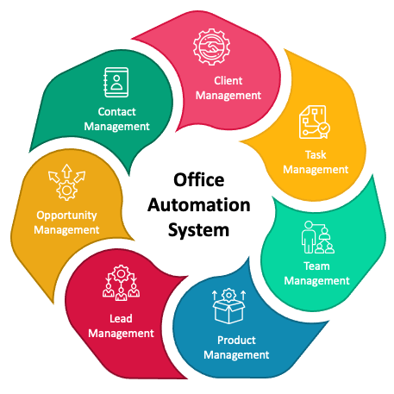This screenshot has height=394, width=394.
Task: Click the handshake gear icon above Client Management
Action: click(x=212, y=47)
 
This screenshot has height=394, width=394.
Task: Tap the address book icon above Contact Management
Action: click(x=116, y=83)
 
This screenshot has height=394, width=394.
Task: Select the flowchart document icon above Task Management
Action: click(x=315, y=122)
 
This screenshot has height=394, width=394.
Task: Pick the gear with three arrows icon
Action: click(x=67, y=183)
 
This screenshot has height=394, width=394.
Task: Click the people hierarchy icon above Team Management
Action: click(x=318, y=237)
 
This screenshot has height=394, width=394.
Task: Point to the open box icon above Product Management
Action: click(x=228, y=306)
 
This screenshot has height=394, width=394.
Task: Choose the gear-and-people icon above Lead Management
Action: click(x=121, y=283)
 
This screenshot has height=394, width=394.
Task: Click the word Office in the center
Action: click(x=199, y=180)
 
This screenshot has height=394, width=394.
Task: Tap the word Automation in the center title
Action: click(x=199, y=205)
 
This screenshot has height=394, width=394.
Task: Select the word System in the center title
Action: click(x=199, y=230)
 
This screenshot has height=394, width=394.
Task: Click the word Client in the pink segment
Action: click(x=228, y=81)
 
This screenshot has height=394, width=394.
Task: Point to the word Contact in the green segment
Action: click(x=116, y=112)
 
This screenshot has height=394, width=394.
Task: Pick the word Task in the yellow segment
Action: click(x=316, y=155)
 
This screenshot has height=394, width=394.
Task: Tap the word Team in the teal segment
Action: click(x=316, y=266)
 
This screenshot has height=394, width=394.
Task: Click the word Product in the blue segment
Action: click(x=236, y=341)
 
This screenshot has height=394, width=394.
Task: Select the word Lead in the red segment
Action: click(x=121, y=319)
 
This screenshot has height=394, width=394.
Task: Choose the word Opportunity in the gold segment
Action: click(x=66, y=216)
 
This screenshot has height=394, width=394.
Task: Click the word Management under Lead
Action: click(x=121, y=334)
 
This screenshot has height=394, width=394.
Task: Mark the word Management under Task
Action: click(x=316, y=170)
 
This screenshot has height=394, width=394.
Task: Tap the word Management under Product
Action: click(x=236, y=355)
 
